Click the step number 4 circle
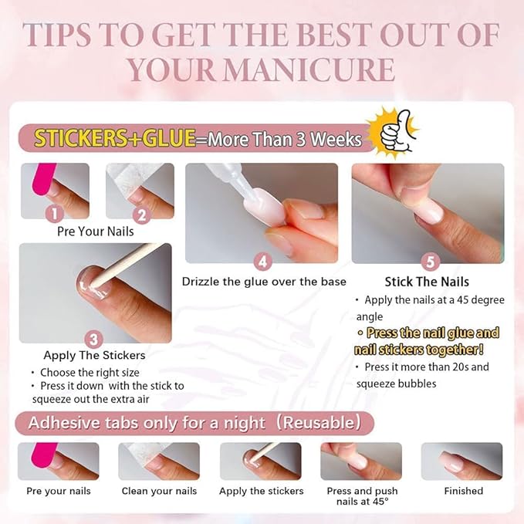click(263, 262)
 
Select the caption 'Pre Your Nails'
click(96, 231)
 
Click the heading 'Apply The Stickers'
click(95, 356)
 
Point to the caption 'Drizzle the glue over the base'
click(264, 282)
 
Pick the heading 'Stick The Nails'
click(427, 282)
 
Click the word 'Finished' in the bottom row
click(463, 491)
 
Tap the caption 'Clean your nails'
click(159, 491)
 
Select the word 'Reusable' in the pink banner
click(319, 423)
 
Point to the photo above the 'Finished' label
click(461, 461)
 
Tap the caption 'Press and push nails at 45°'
click(361, 496)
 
